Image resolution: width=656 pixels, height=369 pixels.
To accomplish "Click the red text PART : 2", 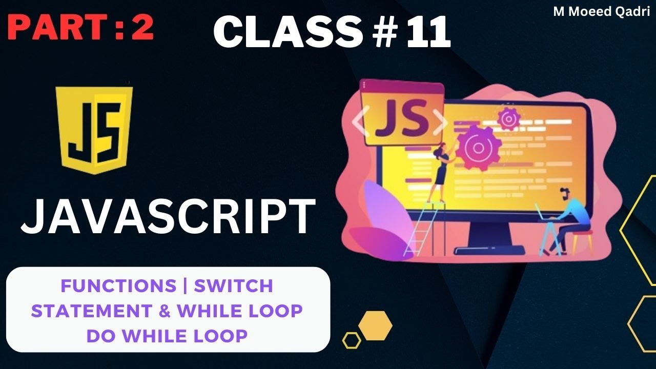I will tap(81, 28).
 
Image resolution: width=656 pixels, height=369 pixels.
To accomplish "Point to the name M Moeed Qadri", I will tap(601, 12).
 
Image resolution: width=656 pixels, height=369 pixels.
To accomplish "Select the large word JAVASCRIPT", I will tap(168, 217).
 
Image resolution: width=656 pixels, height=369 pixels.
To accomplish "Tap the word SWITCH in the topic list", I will tap(233, 286).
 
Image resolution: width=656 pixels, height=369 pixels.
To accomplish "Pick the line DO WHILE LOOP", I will tap(167, 336).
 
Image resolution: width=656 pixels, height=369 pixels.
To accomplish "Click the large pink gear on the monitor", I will tap(479, 148).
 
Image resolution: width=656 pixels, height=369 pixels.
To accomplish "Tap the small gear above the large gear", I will tap(508, 119).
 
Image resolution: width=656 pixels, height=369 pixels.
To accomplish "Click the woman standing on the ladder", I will tap(440, 169).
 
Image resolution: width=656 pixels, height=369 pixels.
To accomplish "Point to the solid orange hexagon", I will tap(375, 325).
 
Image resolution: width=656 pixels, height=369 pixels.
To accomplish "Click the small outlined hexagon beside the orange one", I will tap(352, 340).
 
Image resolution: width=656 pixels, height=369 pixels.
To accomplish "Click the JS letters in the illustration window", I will tap(402, 120).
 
